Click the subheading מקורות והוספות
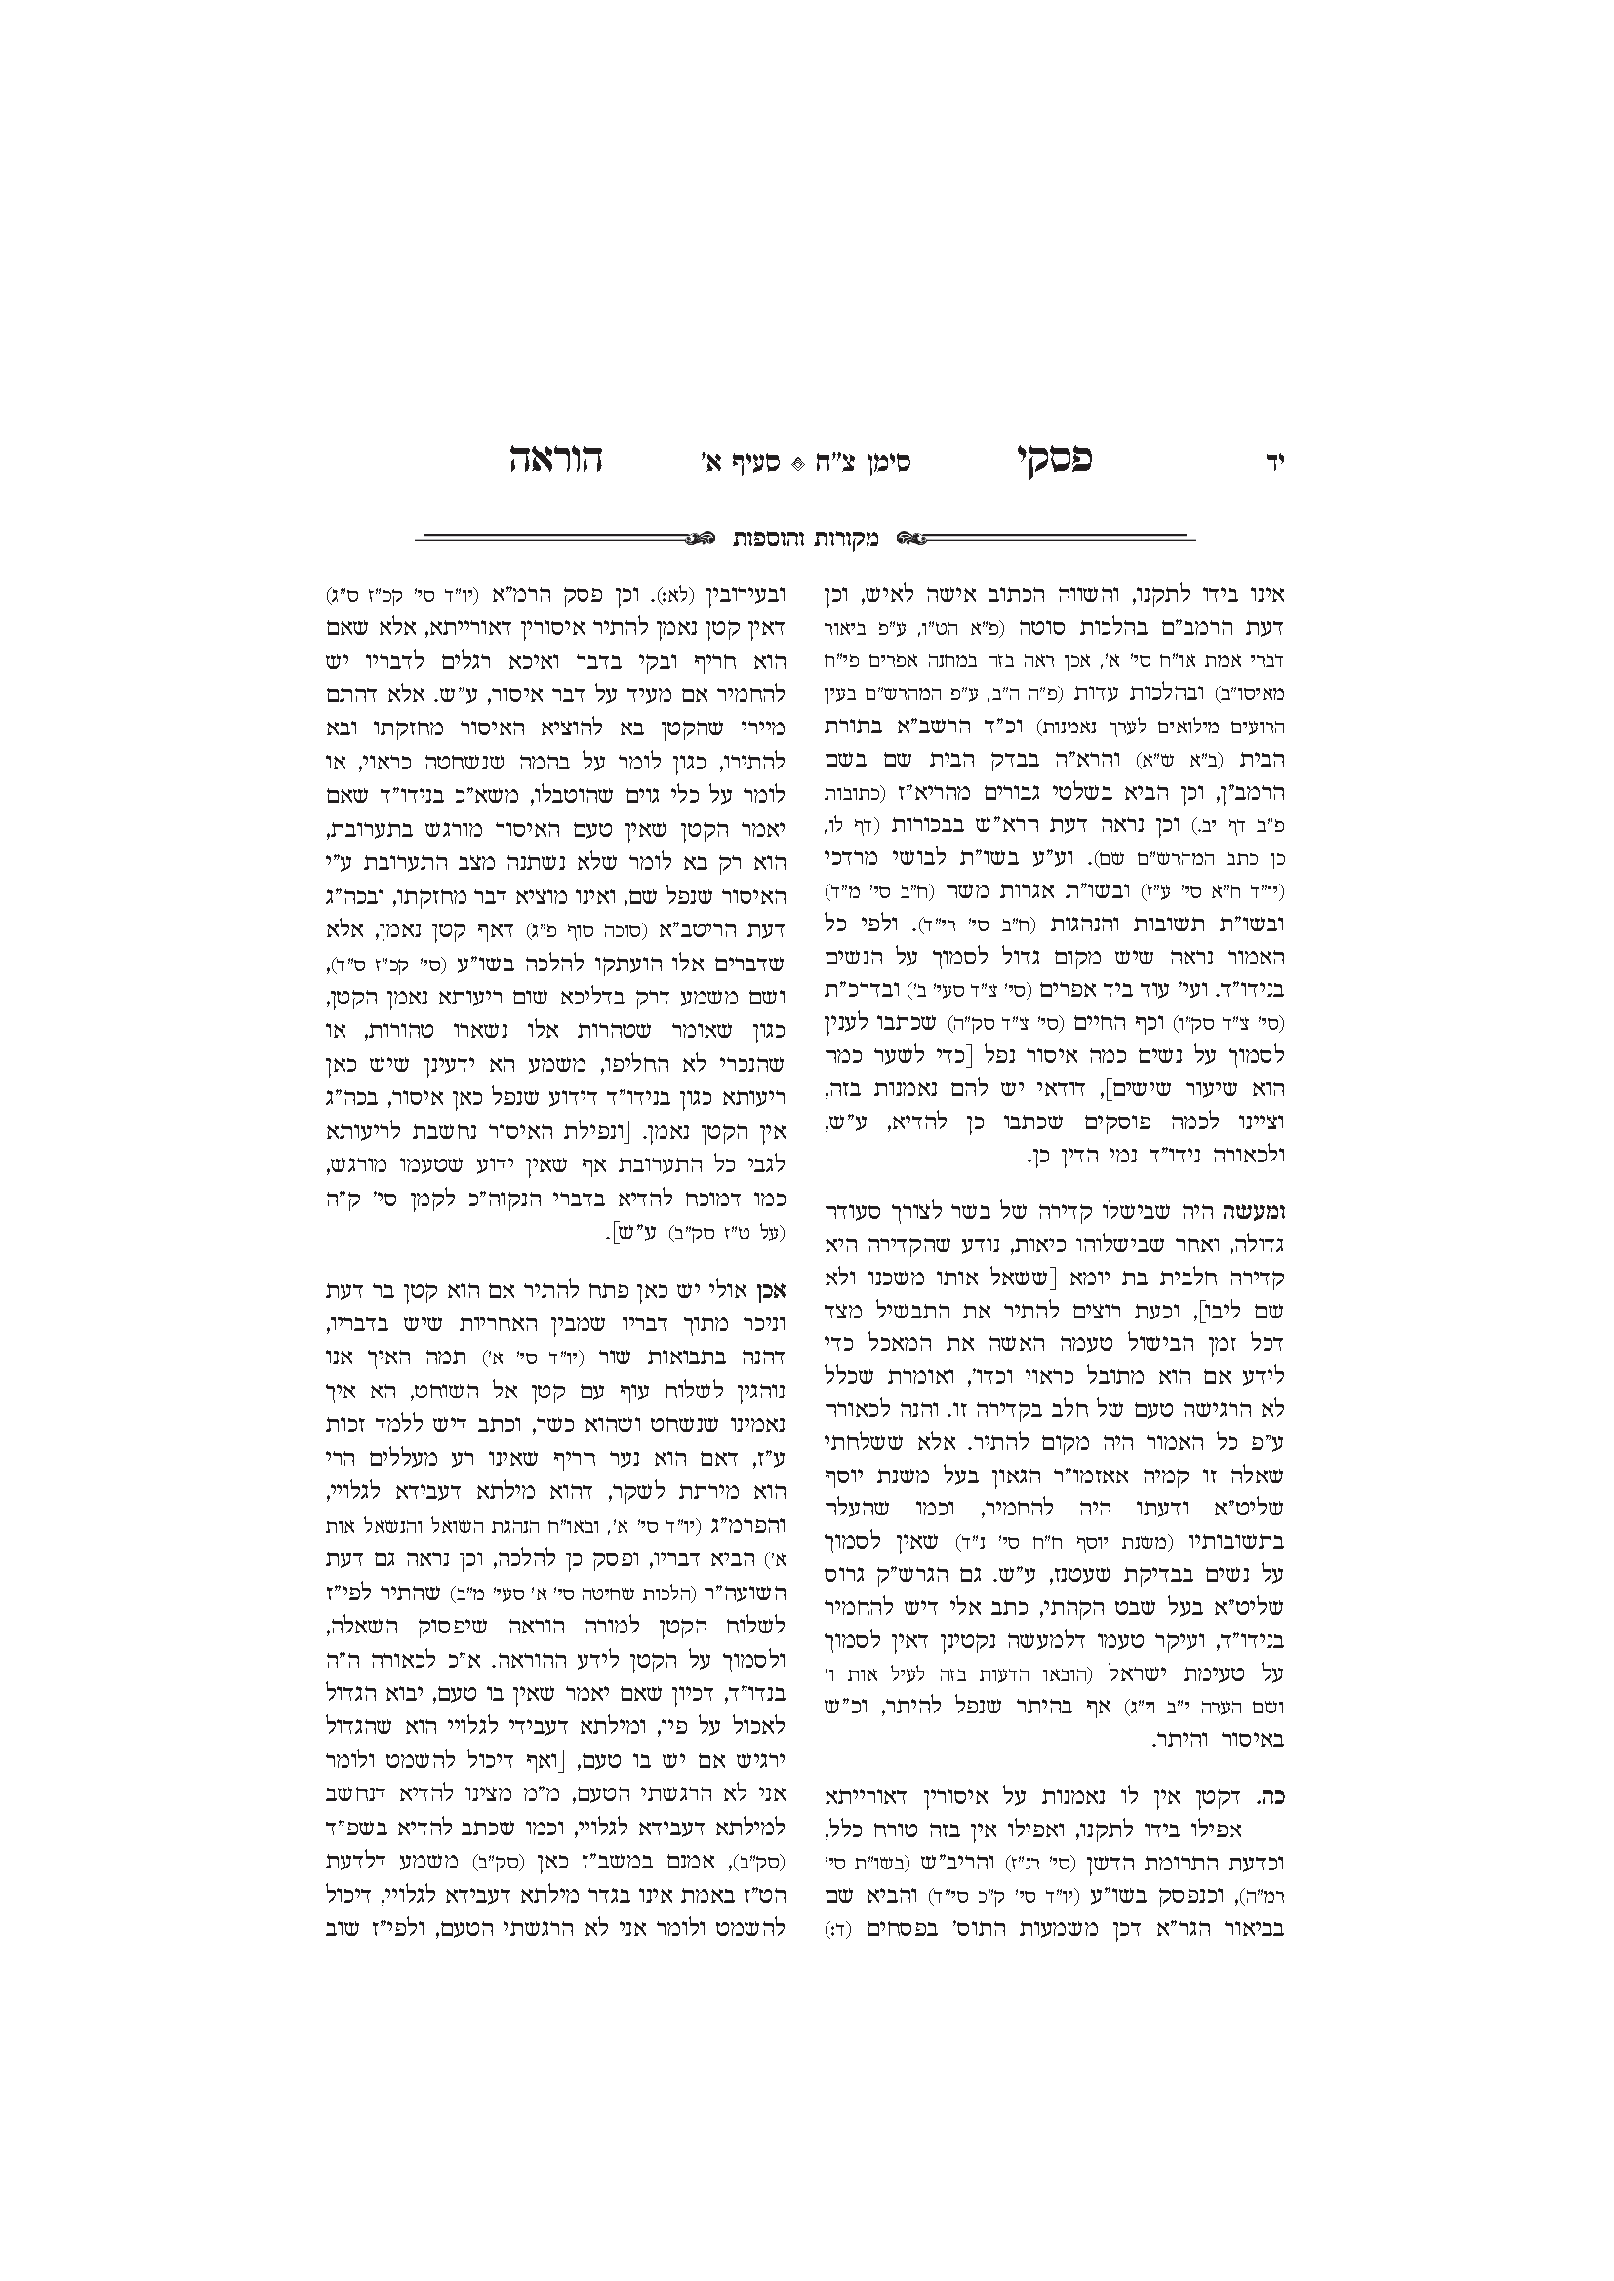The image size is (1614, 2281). (x=806, y=539)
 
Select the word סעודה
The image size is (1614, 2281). (x=857, y=1211)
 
